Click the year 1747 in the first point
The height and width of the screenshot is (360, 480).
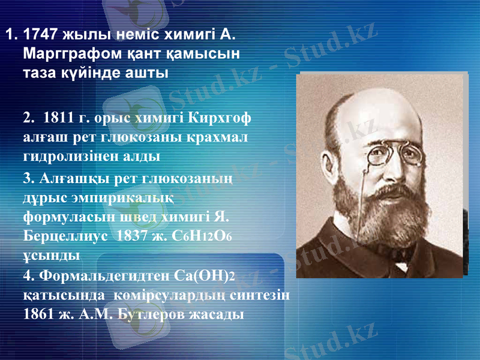click(41, 34)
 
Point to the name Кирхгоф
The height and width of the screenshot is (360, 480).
click(220, 117)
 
